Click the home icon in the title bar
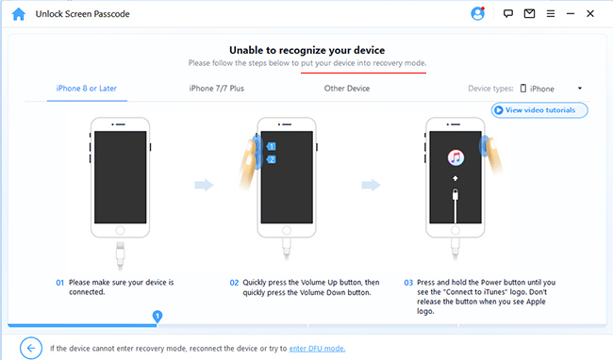click(17, 14)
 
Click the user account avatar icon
click(477, 14)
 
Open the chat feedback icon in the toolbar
click(507, 14)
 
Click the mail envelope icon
click(530, 14)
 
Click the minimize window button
click(570, 14)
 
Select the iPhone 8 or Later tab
click(86, 89)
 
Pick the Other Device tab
click(346, 89)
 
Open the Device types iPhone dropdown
click(551, 89)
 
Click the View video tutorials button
click(539, 110)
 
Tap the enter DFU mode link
click(317, 349)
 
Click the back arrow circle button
click(30, 348)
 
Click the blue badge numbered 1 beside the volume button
click(271, 147)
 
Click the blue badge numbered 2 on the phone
click(271, 159)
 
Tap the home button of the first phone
click(120, 229)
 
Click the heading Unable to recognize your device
click(306, 49)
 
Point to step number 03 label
click(408, 282)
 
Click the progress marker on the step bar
click(157, 315)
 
